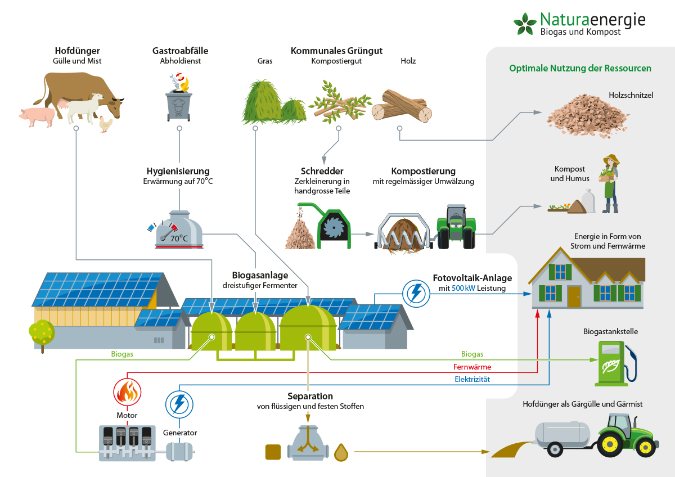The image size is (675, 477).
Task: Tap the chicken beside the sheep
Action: click(x=105, y=124)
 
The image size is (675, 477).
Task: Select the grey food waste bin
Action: click(x=179, y=105)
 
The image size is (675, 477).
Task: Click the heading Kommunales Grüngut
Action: click(x=336, y=51)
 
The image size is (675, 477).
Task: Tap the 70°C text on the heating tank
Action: click(x=179, y=238)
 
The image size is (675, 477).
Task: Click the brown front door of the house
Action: click(x=574, y=296)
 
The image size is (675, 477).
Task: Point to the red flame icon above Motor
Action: click(x=127, y=392)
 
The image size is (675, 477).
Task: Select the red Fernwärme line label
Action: click(x=472, y=367)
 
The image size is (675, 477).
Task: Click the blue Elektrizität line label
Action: click(x=472, y=380)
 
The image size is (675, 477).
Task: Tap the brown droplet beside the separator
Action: click(x=341, y=452)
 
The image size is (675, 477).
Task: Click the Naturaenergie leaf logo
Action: click(x=525, y=24)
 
